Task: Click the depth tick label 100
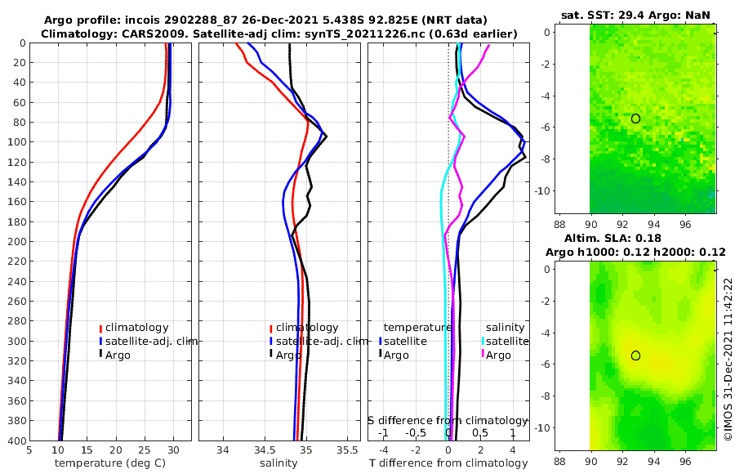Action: (15, 142)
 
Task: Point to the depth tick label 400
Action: (15, 440)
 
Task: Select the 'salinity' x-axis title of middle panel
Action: (278, 463)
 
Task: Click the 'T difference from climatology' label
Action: (448, 463)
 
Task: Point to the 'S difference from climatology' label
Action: (448, 419)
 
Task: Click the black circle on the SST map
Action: (635, 118)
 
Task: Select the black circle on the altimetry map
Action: (635, 355)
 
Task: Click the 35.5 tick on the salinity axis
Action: (347, 449)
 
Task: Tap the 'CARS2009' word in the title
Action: (140, 34)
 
